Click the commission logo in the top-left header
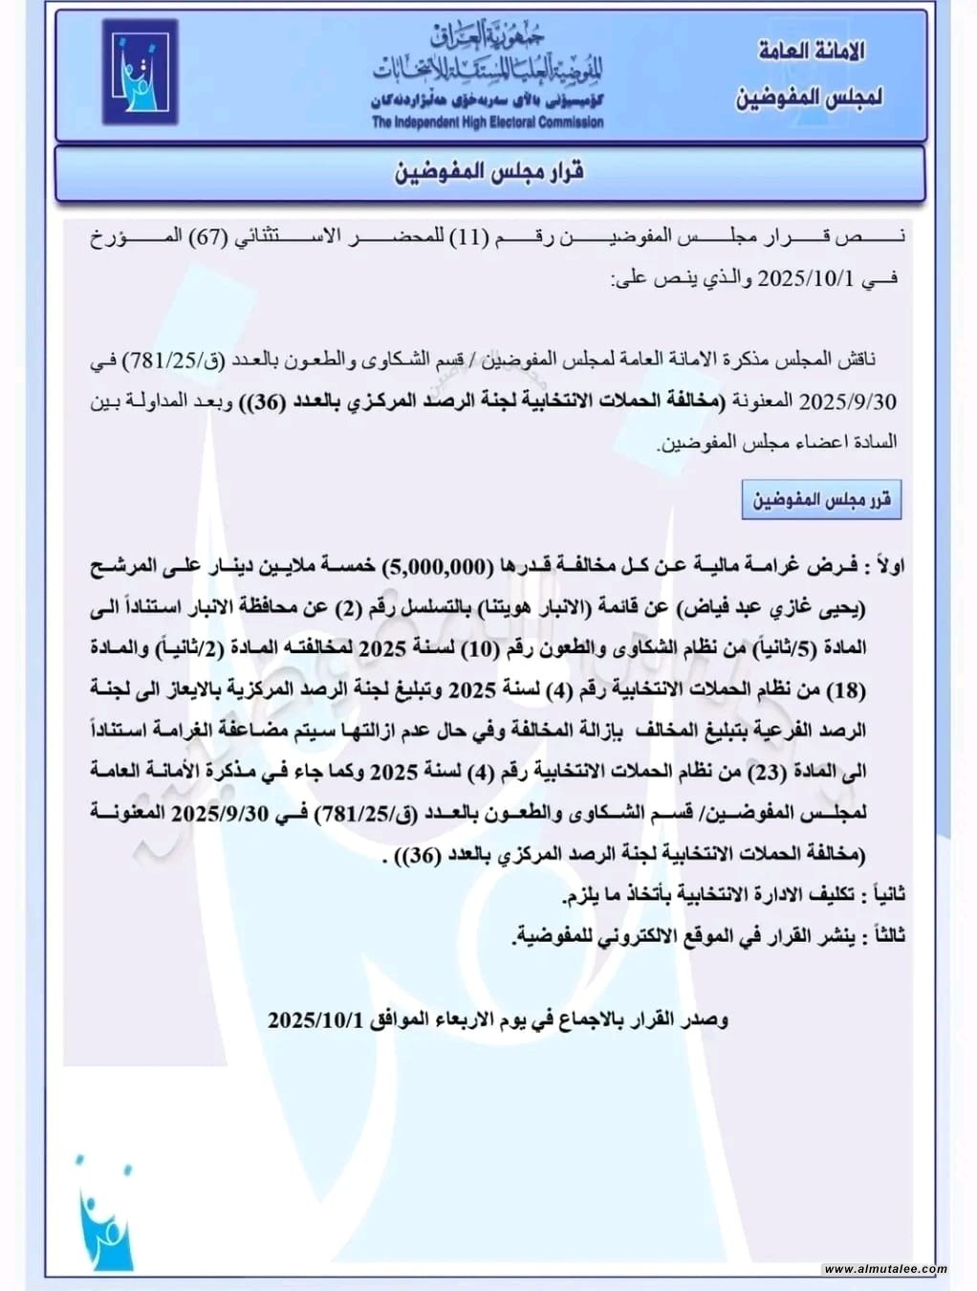click(140, 72)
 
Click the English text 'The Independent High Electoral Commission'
click(488, 121)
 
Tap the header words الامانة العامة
click(811, 51)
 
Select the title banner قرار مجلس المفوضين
click(489, 172)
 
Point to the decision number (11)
click(469, 236)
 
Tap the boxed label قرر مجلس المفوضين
click(821, 500)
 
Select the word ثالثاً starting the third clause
click(883, 935)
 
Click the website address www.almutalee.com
click(884, 1269)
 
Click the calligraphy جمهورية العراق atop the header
click(488, 36)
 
